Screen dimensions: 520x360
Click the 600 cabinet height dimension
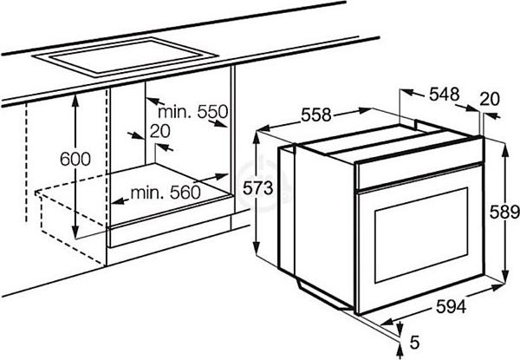point(75,160)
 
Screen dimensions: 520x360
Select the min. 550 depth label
point(193,112)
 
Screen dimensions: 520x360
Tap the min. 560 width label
point(166,192)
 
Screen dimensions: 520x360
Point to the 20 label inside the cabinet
point(159,131)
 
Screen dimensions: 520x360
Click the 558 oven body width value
point(316,115)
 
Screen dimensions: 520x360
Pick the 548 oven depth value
point(445,95)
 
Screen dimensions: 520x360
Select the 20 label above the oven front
point(490,99)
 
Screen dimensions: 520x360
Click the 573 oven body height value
point(257,188)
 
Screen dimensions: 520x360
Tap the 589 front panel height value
point(504,213)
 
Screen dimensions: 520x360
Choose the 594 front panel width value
point(451,306)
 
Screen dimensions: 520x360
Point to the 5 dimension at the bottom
point(414,342)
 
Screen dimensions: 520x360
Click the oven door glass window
point(421,235)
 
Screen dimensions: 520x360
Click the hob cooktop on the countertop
point(126,58)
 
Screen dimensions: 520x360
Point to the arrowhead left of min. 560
point(117,200)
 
